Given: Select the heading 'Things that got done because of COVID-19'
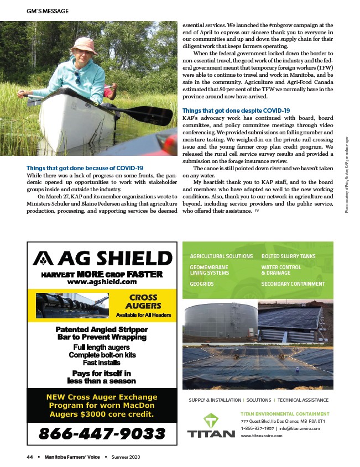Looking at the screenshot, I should click(x=85, y=167).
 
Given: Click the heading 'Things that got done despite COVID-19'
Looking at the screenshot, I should click(x=236, y=111).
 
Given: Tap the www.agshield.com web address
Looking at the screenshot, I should click(x=102, y=281).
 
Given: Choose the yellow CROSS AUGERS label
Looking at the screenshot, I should click(x=143, y=301).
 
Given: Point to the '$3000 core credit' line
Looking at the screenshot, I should click(x=102, y=413).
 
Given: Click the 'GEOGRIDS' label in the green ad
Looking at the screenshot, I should click(x=202, y=284).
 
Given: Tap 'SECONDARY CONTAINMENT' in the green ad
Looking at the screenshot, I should click(x=293, y=284).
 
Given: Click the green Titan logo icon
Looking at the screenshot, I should click(x=211, y=419).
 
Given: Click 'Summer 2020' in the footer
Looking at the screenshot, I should click(x=127, y=457).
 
